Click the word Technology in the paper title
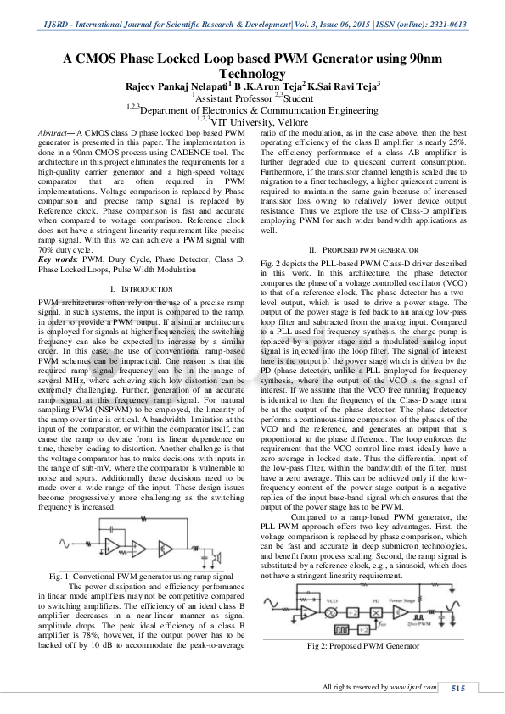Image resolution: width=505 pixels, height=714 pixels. [252, 74]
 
